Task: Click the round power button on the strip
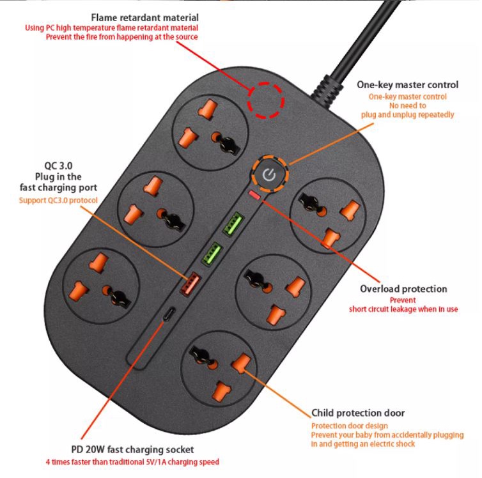click(x=270, y=174)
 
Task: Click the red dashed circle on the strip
click(x=266, y=100)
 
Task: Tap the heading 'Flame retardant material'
click(x=144, y=17)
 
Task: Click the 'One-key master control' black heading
click(x=407, y=84)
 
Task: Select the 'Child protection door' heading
click(x=357, y=413)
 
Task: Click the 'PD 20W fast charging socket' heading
click(x=132, y=449)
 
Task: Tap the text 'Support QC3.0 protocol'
click(x=59, y=200)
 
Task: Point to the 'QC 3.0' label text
click(x=58, y=164)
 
